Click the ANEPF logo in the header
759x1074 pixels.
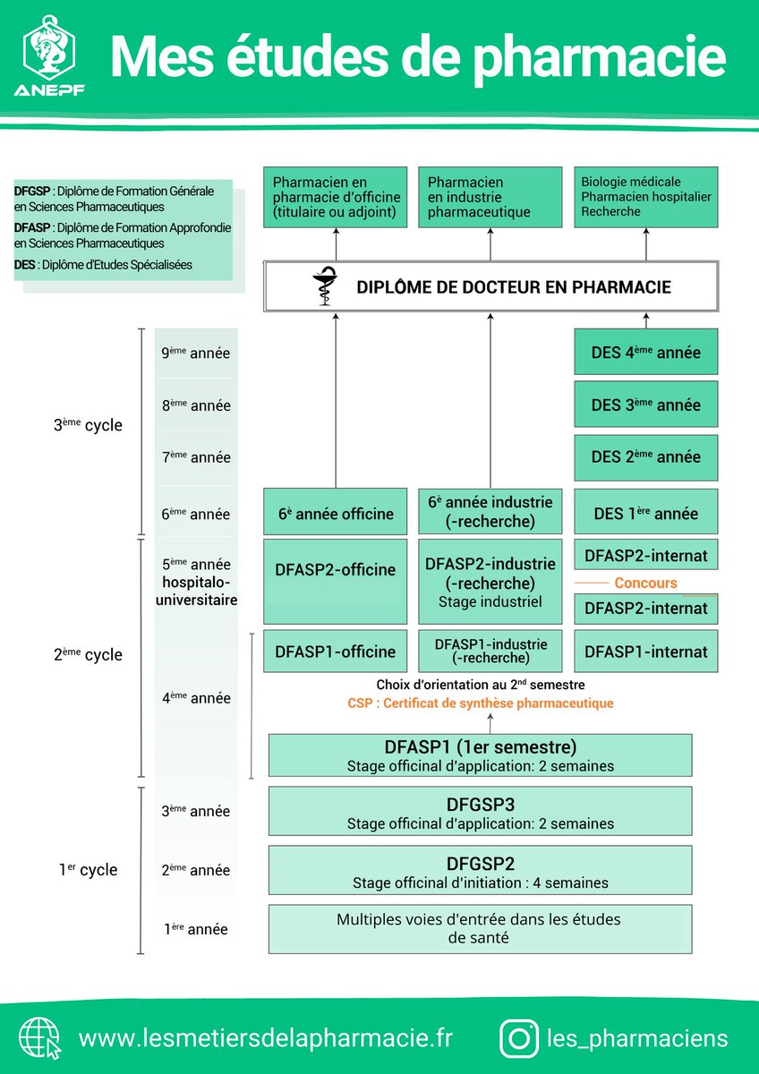49,55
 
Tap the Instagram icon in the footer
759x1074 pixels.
518,1038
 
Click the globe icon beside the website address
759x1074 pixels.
39,1038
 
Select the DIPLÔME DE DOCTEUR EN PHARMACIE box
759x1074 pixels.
490,286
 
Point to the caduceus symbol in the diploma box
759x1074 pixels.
325,286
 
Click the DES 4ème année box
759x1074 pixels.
646,352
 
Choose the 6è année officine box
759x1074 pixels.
335,511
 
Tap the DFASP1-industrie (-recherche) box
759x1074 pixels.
490,651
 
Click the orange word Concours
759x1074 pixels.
645,583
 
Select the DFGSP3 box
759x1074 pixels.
480,811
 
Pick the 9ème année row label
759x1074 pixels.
196,353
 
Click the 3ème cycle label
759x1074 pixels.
88,425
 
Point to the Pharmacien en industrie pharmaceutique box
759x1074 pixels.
490,197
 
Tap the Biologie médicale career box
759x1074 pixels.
646,197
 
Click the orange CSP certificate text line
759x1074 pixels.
481,703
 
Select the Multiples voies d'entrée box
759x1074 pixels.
480,929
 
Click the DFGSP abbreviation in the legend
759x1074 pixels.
31,191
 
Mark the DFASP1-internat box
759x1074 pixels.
646,652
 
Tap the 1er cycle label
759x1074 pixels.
88,869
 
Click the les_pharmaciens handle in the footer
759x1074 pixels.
637,1038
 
